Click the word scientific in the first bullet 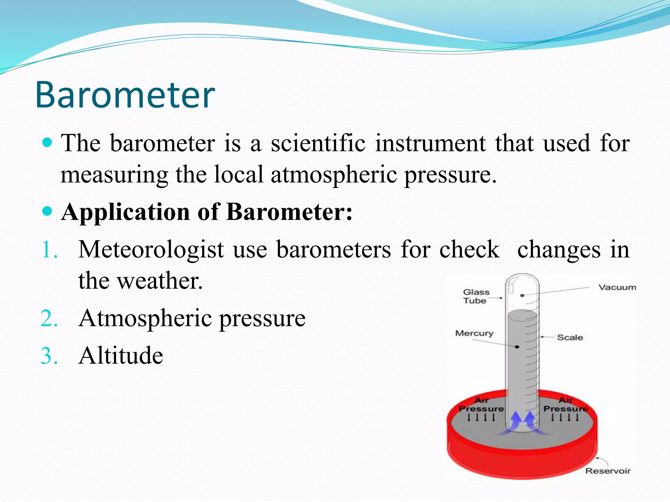tap(318, 143)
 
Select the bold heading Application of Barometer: tap(207, 212)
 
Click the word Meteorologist tap(151, 250)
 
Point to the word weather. tap(160, 281)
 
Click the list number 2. tap(49, 319)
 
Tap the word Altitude tap(121, 356)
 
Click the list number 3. tap(49, 356)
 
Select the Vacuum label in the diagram tap(617, 287)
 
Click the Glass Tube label tap(476, 296)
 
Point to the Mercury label tap(474, 333)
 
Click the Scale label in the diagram tap(570, 337)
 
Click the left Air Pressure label tap(481, 405)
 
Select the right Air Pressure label tap(565, 405)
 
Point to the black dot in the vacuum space tap(522, 295)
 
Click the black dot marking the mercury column tap(517, 347)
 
